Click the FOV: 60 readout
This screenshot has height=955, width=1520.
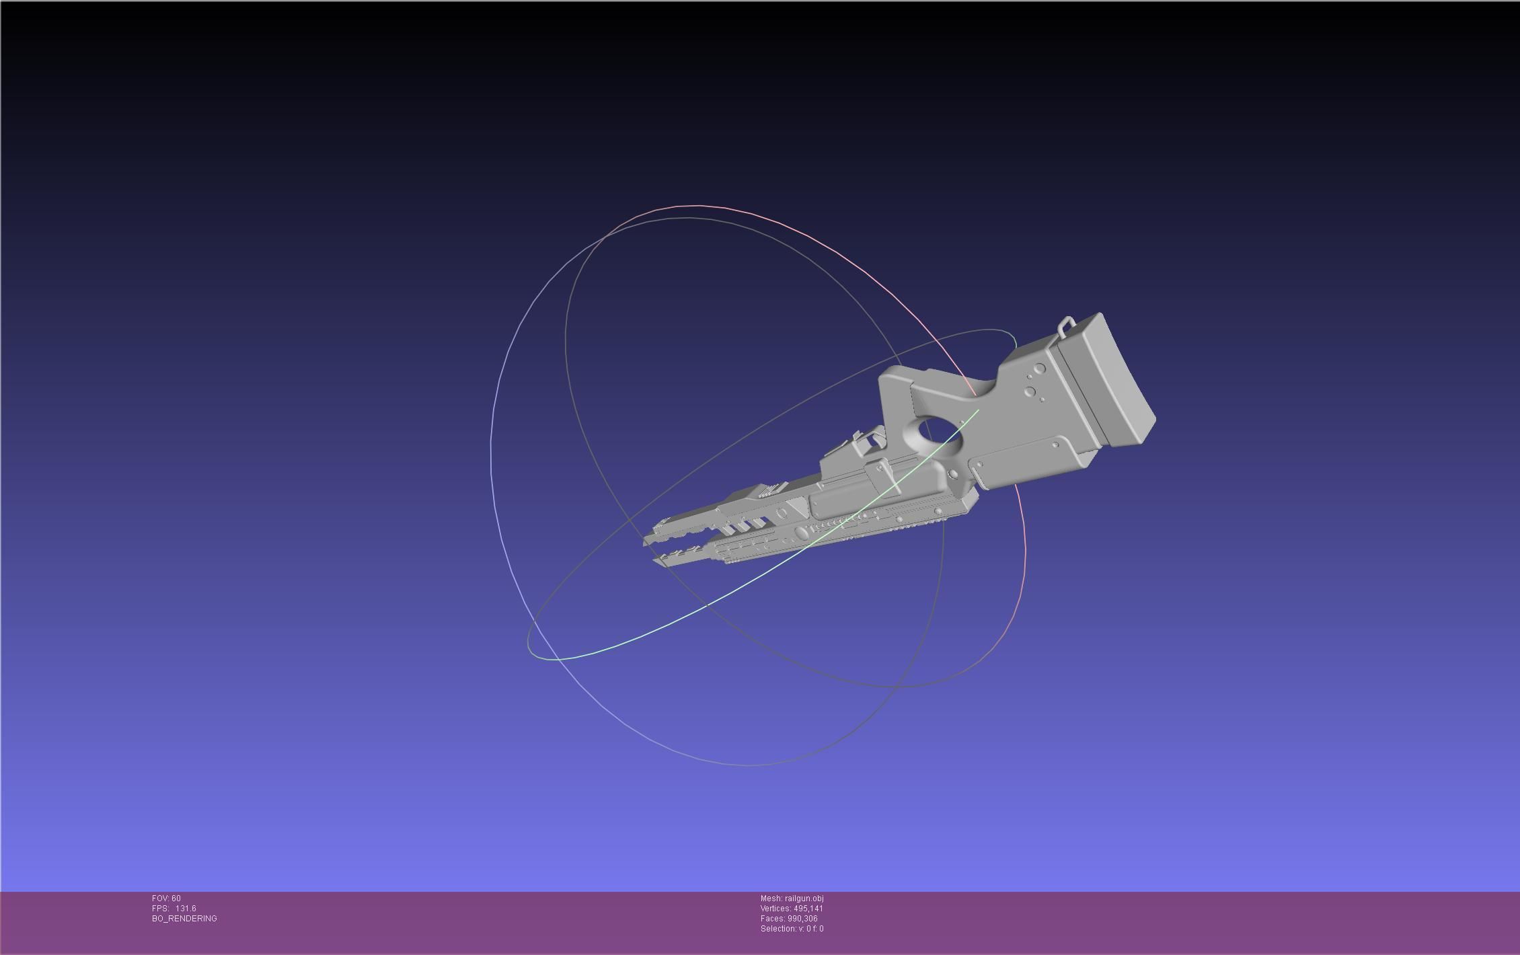pos(166,899)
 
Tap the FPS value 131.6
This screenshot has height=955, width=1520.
pos(185,909)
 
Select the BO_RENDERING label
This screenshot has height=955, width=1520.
pos(184,919)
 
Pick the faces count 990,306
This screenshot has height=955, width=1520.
pos(802,919)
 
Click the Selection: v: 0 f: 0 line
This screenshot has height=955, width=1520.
pos(792,929)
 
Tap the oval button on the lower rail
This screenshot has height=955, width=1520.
pos(801,533)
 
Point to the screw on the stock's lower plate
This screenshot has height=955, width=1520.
pos(1057,445)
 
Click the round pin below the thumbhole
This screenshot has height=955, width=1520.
pos(953,475)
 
